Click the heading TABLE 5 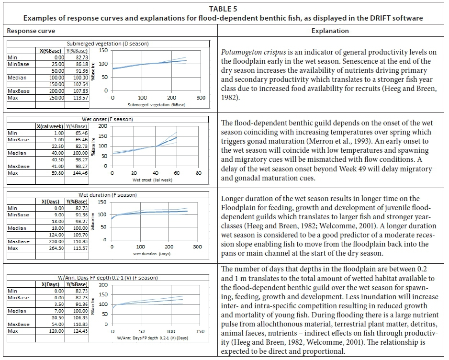pos(224,8)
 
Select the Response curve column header pos(30,31)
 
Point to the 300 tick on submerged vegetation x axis pos(201,98)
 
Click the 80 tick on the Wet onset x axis pos(199,173)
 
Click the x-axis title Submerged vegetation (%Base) pos(157,104)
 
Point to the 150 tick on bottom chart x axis pos(200,331)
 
